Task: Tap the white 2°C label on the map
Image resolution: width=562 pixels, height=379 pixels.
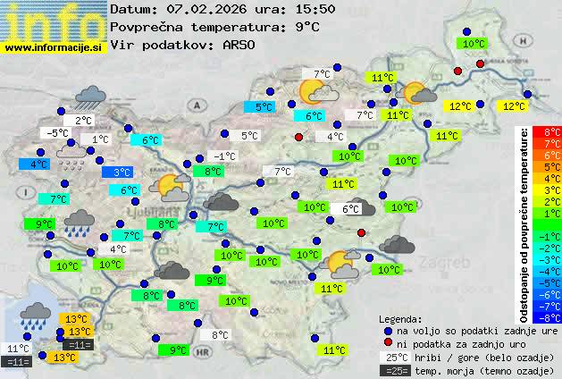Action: tap(83, 121)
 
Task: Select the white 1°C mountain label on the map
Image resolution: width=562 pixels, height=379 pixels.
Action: tap(99, 139)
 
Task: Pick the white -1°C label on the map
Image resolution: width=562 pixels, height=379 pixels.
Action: tap(224, 156)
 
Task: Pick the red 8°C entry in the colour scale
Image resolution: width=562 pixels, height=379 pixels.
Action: tap(551, 132)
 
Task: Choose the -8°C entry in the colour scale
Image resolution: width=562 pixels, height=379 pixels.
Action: tap(551, 316)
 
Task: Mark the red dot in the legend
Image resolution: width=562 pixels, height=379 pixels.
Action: tap(388, 343)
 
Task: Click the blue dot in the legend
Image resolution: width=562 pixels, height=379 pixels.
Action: tap(388, 330)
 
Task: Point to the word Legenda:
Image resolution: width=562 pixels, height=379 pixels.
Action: tap(400, 318)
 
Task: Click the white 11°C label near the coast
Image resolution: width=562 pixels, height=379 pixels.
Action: tap(18, 349)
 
